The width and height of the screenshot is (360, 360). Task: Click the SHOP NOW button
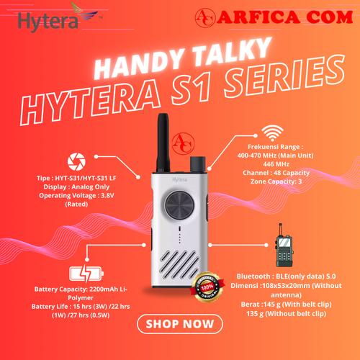coord(180,324)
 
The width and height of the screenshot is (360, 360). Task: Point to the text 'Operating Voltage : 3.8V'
coord(75,195)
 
